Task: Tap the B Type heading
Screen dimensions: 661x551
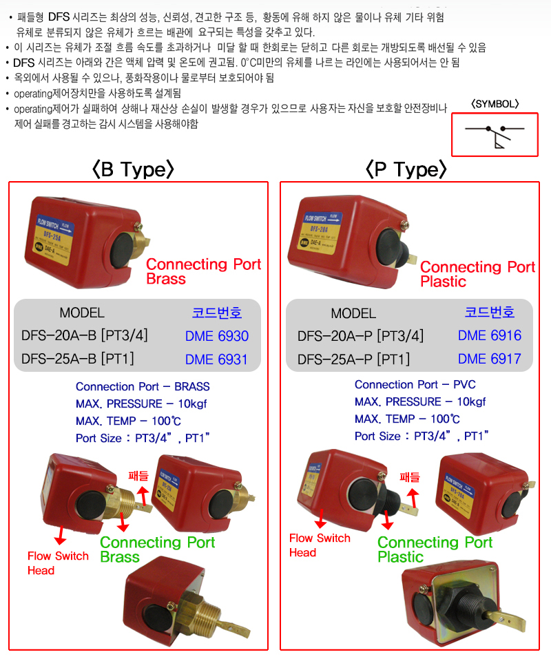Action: point(134,169)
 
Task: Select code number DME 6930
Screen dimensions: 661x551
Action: point(216,336)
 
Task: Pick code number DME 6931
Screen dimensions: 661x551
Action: point(216,359)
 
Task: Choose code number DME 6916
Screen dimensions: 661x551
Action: point(489,335)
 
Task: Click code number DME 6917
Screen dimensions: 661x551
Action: point(489,359)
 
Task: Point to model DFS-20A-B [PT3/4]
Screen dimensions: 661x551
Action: point(85,336)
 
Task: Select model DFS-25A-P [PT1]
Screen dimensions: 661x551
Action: point(353,359)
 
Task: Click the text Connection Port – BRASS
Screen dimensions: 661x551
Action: point(143,386)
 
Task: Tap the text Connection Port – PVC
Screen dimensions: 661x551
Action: point(415,384)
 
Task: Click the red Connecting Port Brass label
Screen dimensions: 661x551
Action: point(203,271)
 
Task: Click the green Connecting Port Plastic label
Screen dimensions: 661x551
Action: point(435,549)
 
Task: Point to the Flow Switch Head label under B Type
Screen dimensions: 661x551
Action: point(58,563)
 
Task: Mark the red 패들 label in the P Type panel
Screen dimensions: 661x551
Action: point(410,476)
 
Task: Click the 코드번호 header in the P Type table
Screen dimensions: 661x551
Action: point(489,312)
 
